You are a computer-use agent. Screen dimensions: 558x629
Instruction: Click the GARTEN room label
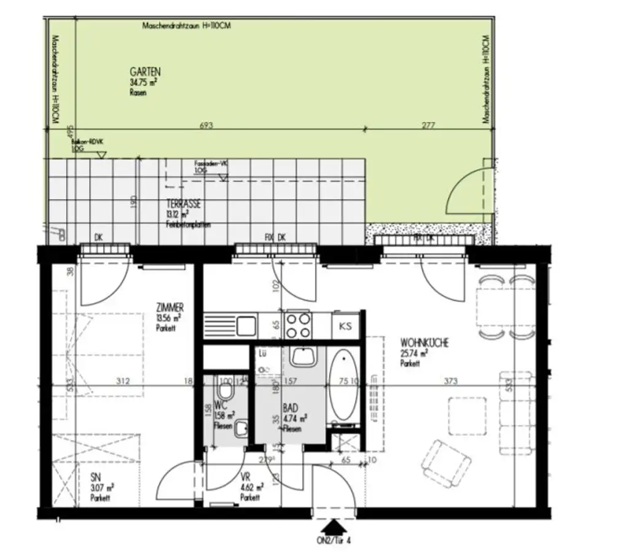[145, 71]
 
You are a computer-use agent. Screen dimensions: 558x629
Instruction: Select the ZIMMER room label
[170, 308]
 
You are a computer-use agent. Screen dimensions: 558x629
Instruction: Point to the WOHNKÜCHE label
[424, 343]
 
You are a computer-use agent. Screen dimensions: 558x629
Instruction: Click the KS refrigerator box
[346, 326]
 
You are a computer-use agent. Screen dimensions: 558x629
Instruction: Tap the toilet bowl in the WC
[224, 392]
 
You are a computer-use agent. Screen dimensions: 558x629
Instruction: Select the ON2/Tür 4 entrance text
[334, 541]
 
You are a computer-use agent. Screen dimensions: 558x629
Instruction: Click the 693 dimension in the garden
[206, 125]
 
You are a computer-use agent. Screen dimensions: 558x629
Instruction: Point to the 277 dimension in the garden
[428, 125]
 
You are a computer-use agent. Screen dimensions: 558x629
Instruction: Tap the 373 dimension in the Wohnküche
[451, 381]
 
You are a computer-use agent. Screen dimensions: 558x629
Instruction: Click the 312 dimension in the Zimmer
[123, 381]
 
